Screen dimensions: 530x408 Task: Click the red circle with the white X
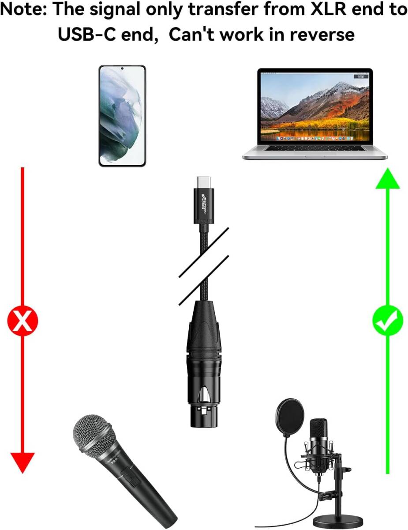point(22,321)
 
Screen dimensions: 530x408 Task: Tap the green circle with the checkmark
point(387,321)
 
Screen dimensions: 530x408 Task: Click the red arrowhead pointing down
point(22,462)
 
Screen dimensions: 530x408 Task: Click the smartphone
point(122,116)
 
